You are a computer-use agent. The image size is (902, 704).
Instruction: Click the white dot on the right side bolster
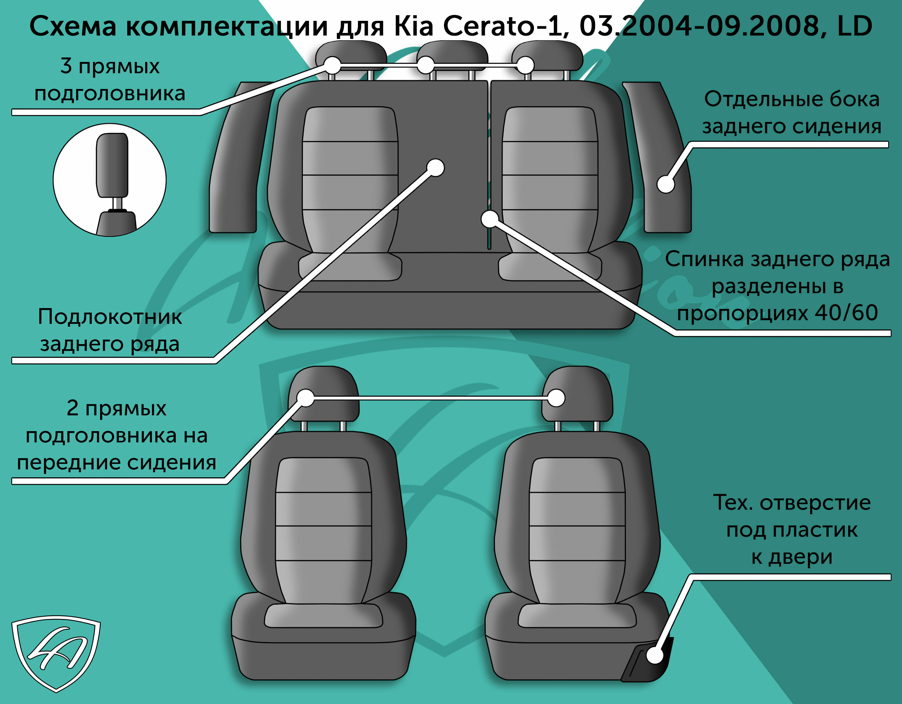[665, 184]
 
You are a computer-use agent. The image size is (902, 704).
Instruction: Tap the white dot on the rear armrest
[435, 168]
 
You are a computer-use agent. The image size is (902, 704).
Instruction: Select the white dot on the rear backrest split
[490, 219]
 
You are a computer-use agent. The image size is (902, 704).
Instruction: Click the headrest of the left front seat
[323, 394]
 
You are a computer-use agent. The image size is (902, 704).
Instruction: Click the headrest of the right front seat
[577, 394]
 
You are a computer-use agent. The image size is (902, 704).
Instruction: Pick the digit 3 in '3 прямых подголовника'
[66, 66]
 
